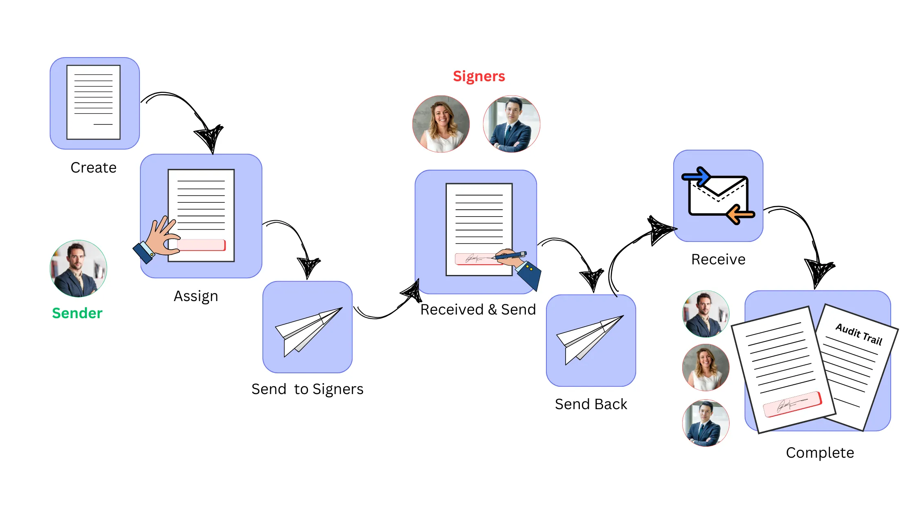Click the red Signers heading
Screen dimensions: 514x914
coord(479,76)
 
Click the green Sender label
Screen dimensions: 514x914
coord(77,313)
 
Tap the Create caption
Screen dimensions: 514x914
coord(93,168)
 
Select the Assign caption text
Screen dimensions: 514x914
coord(196,296)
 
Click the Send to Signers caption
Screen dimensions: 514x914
coord(307,389)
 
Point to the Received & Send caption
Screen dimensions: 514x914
coord(478,310)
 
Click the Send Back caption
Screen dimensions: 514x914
coord(591,404)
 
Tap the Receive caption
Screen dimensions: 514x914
coord(718,259)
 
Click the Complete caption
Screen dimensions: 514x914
coord(820,453)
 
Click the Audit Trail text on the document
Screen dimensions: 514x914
coord(859,334)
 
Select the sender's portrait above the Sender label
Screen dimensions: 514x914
coord(78,269)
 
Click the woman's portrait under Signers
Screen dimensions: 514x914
coord(441,124)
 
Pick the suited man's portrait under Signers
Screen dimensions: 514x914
coord(511,124)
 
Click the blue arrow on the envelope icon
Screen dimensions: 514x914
coord(697,176)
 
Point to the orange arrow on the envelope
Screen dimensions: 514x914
coord(740,215)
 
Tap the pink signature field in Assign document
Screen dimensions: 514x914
coord(202,245)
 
